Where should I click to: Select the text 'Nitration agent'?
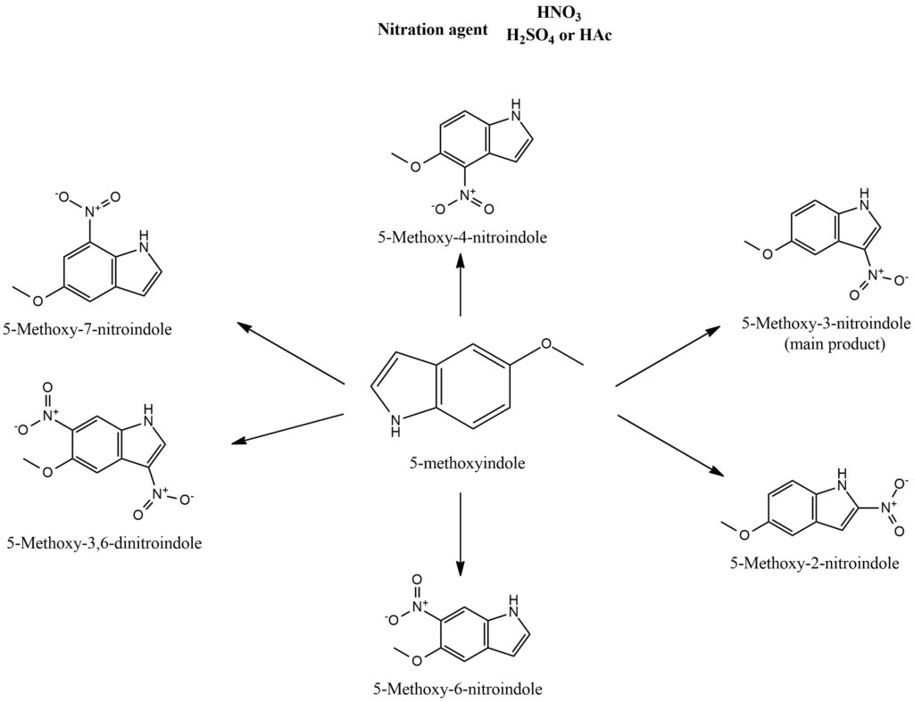pos(433,29)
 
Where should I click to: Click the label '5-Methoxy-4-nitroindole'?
pos(461,237)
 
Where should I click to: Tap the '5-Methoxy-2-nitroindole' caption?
pos(813,563)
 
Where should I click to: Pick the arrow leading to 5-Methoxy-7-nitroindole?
pos(289,353)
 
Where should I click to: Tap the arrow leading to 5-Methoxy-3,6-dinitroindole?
pos(287,426)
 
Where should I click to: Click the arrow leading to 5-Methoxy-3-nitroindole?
pos(669,356)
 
